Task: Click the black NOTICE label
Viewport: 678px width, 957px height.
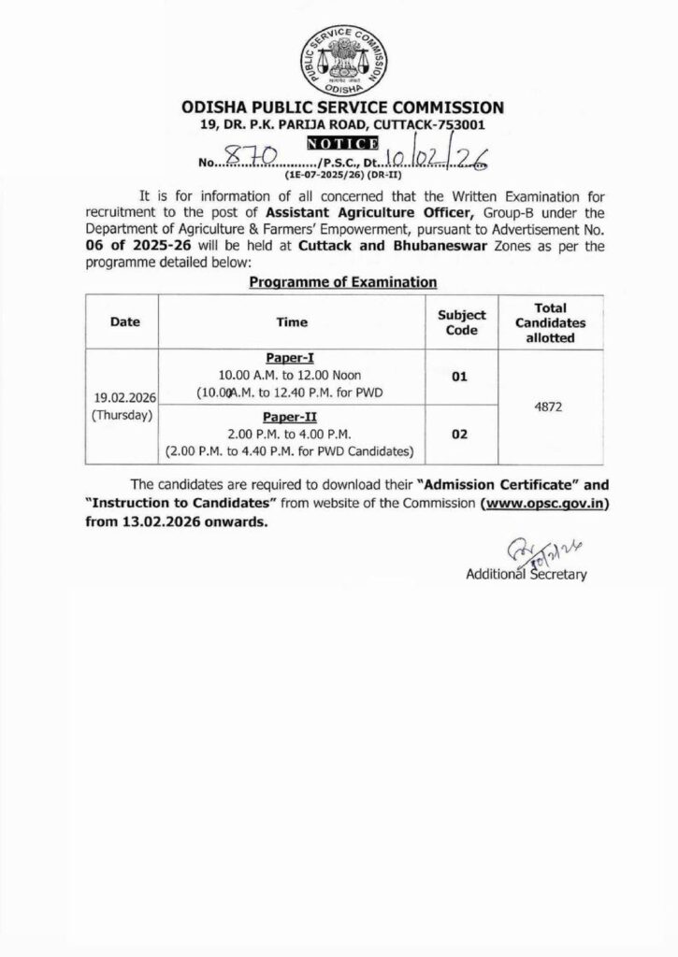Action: (342, 143)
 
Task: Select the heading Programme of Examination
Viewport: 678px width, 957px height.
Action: (342, 280)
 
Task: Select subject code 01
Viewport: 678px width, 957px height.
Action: (462, 377)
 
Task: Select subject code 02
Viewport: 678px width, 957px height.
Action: (462, 436)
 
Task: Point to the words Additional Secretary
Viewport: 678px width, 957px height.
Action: (526, 575)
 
